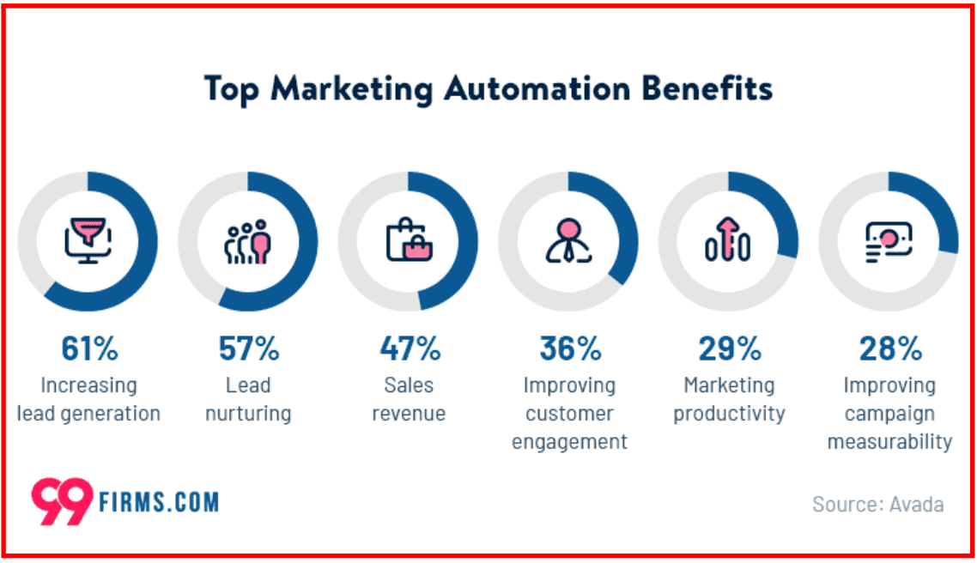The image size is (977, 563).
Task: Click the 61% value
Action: click(89, 349)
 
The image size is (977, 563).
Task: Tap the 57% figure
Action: click(249, 349)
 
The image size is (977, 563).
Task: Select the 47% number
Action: click(410, 349)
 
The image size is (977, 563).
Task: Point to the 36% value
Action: click(570, 349)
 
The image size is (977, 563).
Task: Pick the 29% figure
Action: click(729, 349)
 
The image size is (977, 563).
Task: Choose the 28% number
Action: click(890, 349)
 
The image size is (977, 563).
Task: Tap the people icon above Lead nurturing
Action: click(248, 241)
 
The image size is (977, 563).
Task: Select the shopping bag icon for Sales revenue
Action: click(409, 241)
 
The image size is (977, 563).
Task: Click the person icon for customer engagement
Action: click(568, 241)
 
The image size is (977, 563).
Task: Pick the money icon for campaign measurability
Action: click(889, 241)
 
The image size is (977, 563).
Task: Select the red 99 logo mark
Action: click(61, 500)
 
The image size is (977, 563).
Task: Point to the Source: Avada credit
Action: click(877, 504)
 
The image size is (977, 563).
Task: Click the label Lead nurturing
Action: click(249, 399)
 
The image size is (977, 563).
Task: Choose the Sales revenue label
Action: click(409, 399)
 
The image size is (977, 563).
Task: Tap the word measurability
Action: click(889, 442)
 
